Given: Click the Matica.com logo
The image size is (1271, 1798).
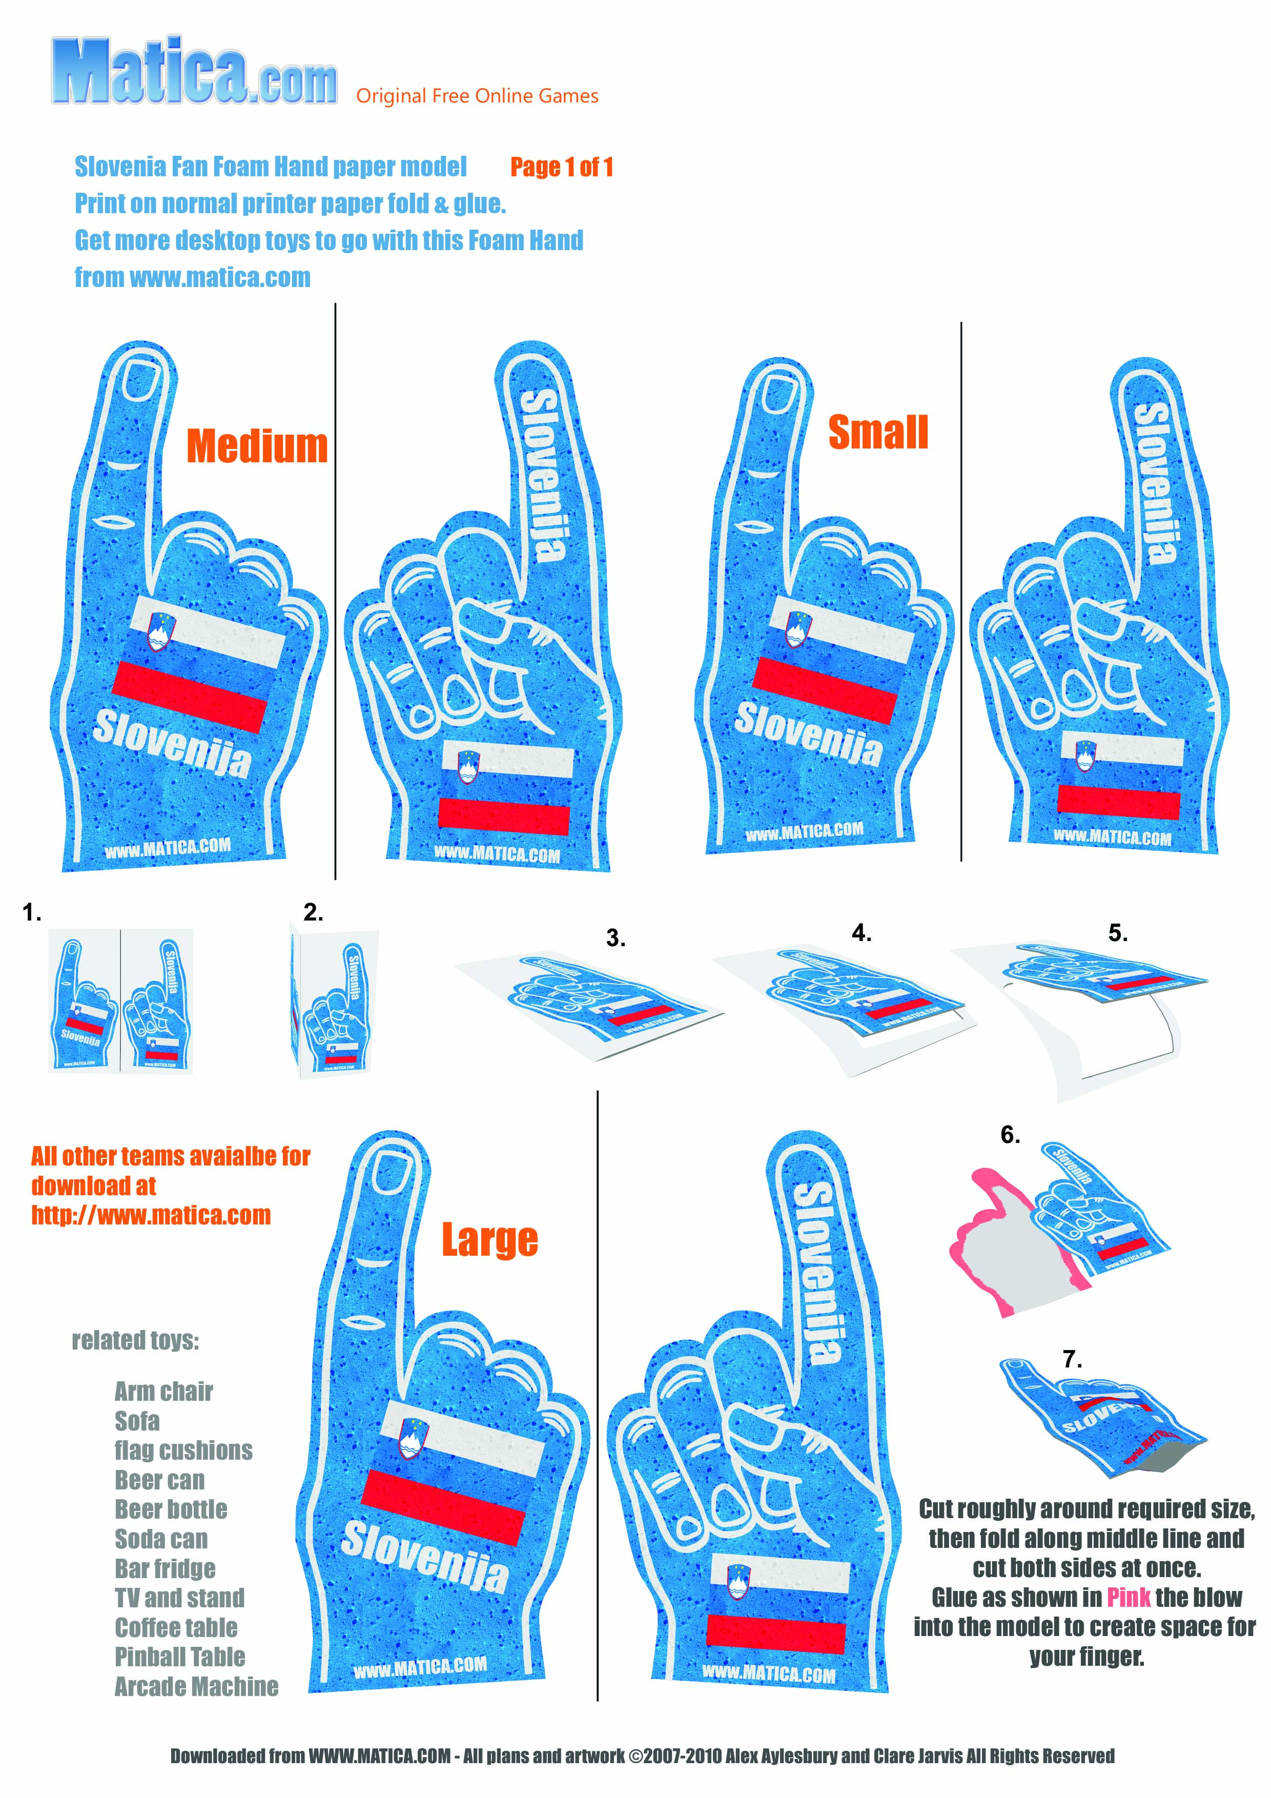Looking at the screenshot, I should pos(194,72).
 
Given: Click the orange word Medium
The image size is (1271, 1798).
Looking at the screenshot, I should pos(257,446).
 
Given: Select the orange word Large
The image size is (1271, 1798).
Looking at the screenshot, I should pos(489,1240).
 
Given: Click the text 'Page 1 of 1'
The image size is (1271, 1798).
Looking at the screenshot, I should pos(562,167).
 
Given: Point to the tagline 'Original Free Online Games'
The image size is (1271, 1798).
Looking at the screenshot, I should pos(477,96).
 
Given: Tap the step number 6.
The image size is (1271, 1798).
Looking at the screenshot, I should pos(1010,1135).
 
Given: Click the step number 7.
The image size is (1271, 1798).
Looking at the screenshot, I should pos(1072,1359).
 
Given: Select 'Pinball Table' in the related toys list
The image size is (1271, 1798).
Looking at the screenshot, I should pos(180,1656).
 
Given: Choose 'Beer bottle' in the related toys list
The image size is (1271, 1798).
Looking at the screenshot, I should pos(171,1509).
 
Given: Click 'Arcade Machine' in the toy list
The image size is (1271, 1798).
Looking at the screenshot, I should pos(197,1686).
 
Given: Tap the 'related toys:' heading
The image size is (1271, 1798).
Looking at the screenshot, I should pos(135,1341).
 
